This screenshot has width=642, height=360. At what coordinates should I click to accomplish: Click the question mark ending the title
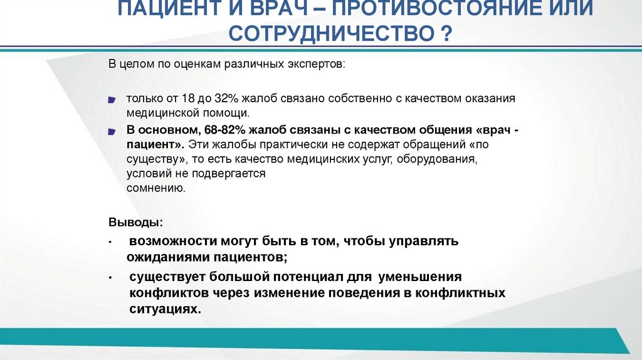pos(446,33)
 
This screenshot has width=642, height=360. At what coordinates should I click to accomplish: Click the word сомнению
pos(155,188)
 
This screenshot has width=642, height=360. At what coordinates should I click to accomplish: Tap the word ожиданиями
pos(164,257)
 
